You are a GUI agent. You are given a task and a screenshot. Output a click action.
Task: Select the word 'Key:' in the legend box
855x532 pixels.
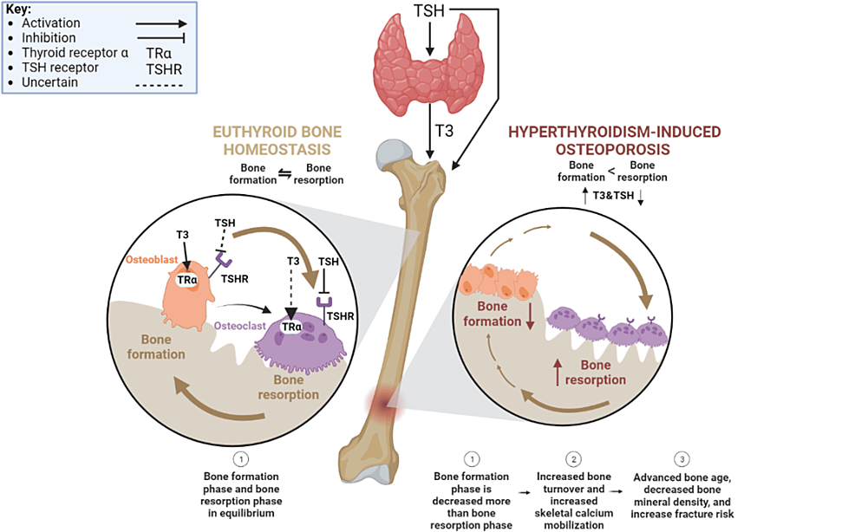(18, 9)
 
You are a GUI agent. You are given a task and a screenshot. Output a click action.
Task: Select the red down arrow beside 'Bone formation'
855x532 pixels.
(528, 317)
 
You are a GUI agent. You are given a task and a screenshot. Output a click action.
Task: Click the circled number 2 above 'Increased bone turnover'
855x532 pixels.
(572, 458)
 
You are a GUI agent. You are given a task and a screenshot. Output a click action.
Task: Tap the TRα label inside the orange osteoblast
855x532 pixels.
(187, 280)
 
